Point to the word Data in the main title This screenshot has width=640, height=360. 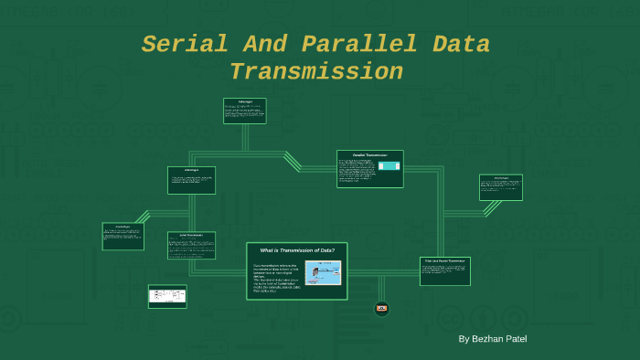(461, 44)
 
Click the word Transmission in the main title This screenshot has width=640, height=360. (315, 71)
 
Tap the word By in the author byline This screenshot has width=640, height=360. (464, 339)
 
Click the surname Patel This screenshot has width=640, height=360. (516, 339)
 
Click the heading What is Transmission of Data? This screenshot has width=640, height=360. (297, 250)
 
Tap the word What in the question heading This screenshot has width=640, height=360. (269, 250)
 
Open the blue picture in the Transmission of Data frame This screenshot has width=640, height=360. (322, 272)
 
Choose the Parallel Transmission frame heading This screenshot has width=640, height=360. (370, 155)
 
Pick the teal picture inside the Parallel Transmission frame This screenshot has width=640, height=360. (389, 166)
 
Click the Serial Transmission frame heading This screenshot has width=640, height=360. (191, 235)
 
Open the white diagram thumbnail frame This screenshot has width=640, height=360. (167, 296)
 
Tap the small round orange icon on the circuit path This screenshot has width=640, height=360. (382, 309)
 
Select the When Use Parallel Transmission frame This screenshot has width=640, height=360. (445, 270)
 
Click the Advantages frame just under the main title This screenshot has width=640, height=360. (244, 111)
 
